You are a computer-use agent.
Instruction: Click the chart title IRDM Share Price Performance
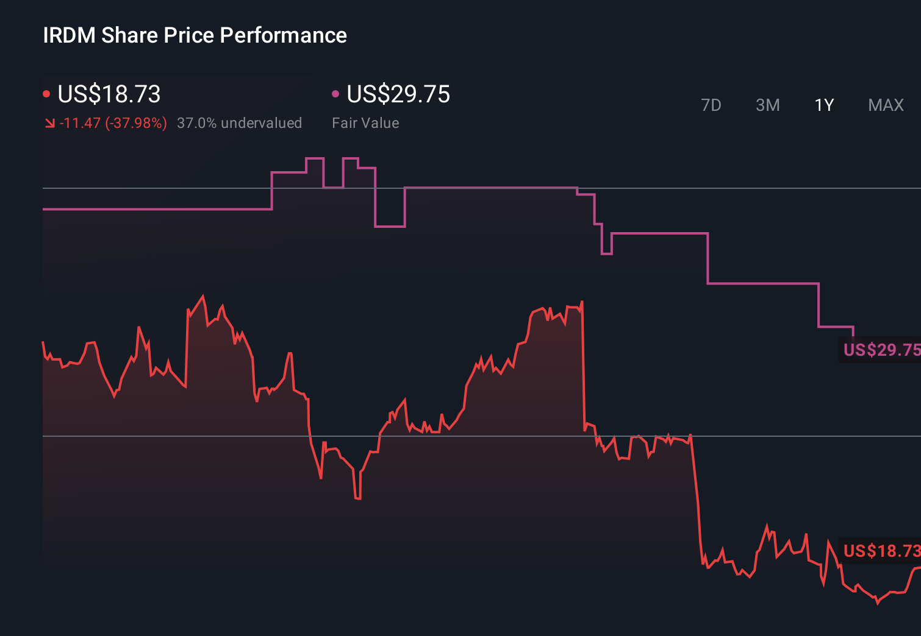(195, 35)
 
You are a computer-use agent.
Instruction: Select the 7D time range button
(711, 105)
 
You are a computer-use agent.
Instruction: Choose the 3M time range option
(767, 105)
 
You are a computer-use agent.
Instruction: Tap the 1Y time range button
(824, 105)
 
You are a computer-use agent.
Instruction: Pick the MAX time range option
(886, 105)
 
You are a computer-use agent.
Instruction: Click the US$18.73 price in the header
(109, 94)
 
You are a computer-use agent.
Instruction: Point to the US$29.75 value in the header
(398, 94)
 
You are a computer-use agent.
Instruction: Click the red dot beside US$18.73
(46, 94)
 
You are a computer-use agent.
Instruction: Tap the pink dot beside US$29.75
(335, 94)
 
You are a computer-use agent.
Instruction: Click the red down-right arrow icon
(49, 124)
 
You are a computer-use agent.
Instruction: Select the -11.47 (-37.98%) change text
(113, 123)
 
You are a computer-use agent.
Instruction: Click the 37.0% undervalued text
(239, 123)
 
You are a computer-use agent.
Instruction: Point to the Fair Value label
(365, 123)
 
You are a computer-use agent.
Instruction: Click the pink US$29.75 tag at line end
(881, 350)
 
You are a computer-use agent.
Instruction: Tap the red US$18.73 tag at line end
(881, 551)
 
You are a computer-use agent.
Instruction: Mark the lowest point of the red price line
(877, 602)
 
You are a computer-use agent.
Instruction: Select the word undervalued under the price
(261, 123)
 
